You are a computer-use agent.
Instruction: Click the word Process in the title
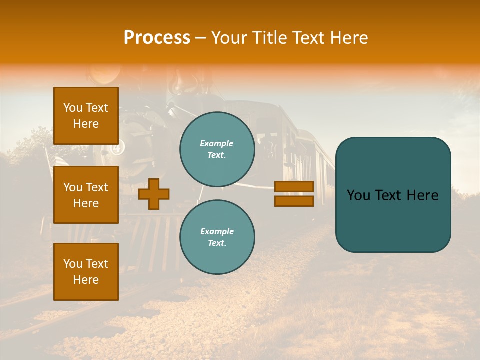pyautogui.click(x=157, y=38)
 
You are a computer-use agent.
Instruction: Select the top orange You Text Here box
pyautogui.click(x=86, y=116)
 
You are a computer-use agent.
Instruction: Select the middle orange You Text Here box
pyautogui.click(x=86, y=195)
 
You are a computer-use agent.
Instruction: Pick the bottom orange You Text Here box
pyautogui.click(x=86, y=272)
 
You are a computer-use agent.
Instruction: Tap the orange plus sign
pyautogui.click(x=154, y=194)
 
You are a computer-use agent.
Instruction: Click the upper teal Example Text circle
pyautogui.click(x=217, y=149)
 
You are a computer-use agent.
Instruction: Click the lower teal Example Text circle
pyautogui.click(x=217, y=237)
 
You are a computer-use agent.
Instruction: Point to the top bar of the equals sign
pyautogui.click(x=294, y=186)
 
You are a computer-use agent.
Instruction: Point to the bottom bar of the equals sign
pyautogui.click(x=294, y=201)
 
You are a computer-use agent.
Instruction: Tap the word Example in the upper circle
pyautogui.click(x=216, y=143)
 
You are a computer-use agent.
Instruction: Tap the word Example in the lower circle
pyautogui.click(x=217, y=231)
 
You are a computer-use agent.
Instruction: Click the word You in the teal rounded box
pyautogui.click(x=358, y=195)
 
